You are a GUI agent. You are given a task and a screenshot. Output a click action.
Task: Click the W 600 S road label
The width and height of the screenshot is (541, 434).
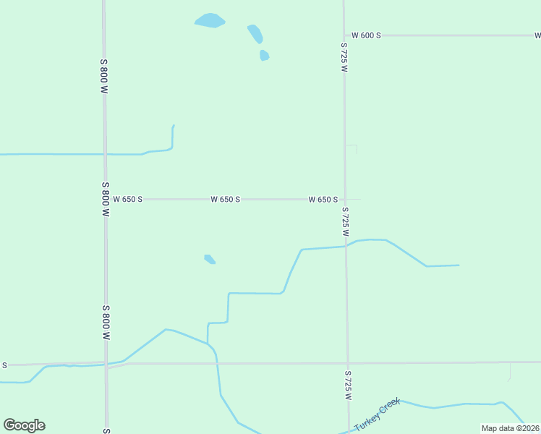[366, 35]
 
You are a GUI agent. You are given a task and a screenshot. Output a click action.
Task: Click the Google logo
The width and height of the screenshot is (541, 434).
[24, 425]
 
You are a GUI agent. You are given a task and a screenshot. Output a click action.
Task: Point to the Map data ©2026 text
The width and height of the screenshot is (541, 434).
[510, 428]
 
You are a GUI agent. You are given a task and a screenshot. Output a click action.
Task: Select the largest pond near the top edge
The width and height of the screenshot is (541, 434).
[210, 20]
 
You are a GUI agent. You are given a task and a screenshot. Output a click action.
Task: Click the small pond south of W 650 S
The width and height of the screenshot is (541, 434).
[210, 259]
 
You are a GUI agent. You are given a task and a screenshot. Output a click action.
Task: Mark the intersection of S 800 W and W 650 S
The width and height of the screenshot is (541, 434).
[106, 199]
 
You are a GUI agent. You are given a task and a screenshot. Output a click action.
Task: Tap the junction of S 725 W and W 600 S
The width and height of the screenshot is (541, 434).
[344, 35]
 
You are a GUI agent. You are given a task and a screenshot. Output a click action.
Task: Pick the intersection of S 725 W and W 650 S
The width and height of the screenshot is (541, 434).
[345, 199]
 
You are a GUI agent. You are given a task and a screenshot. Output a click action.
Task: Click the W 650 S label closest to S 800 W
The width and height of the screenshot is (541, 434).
[128, 199]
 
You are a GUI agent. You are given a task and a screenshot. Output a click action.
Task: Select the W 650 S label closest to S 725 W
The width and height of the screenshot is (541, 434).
[323, 199]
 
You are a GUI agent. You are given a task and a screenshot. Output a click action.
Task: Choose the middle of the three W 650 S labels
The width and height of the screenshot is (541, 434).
[225, 199]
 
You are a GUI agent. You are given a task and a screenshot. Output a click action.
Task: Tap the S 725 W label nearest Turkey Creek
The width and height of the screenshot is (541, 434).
[348, 386]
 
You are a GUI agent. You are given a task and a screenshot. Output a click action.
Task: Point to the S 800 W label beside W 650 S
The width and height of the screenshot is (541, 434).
[106, 200]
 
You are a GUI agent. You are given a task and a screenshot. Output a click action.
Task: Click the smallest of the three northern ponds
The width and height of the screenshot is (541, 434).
[264, 55]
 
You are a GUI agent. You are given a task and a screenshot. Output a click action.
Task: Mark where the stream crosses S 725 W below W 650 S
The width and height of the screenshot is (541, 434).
[346, 246]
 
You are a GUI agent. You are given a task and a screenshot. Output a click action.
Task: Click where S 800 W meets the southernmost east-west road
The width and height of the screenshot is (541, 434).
[106, 364]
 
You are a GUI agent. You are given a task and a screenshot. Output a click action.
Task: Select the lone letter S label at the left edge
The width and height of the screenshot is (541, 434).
[4, 365]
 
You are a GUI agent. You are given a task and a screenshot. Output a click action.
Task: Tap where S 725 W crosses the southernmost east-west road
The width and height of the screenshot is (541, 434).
[347, 362]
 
